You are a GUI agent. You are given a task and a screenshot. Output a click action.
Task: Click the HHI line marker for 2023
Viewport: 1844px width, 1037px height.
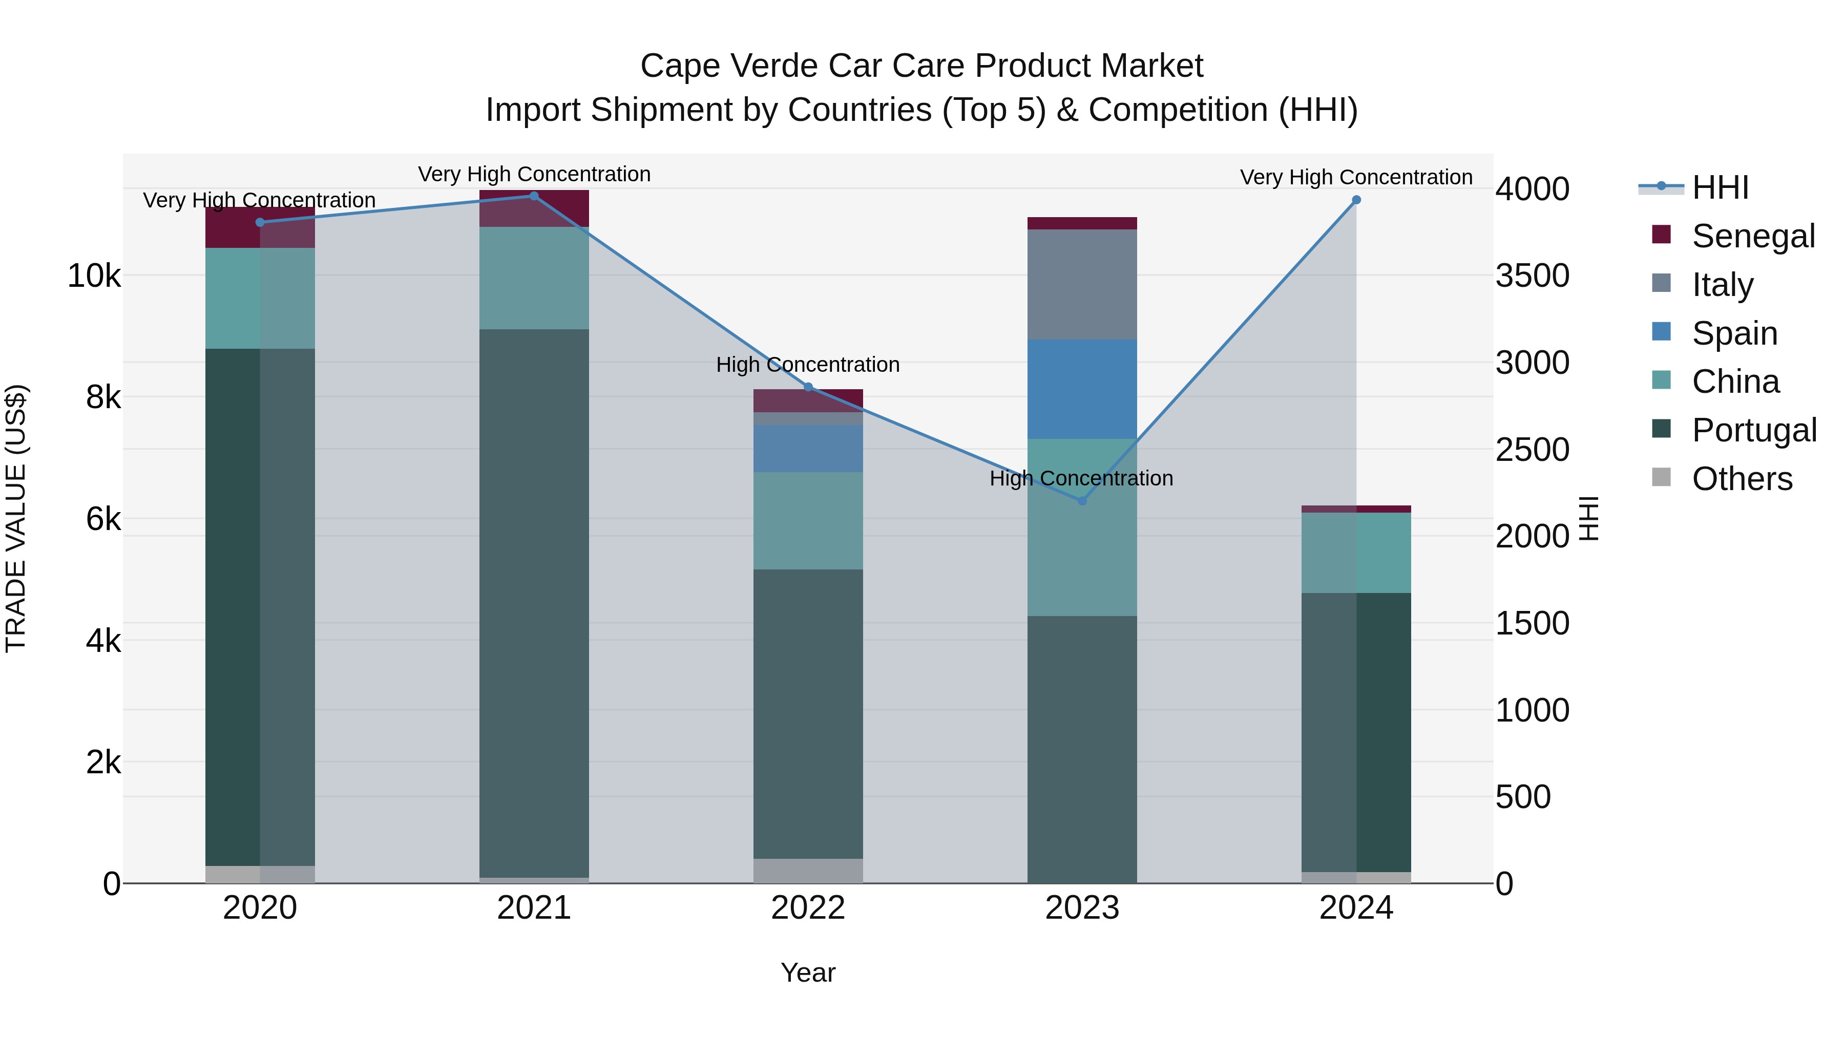pos(1082,501)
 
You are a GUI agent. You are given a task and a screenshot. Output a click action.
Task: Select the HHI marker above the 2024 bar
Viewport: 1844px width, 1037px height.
pos(1356,200)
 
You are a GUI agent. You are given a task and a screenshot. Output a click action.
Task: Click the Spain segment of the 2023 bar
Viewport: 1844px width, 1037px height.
pos(1082,389)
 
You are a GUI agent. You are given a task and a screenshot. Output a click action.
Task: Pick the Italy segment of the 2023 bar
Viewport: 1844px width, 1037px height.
pos(1082,285)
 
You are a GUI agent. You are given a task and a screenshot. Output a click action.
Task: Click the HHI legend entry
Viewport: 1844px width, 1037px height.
pos(1720,187)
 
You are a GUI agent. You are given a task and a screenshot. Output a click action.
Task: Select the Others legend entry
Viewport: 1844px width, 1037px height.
pos(1742,479)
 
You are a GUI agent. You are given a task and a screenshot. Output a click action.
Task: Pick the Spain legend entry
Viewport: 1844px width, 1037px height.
pos(1734,333)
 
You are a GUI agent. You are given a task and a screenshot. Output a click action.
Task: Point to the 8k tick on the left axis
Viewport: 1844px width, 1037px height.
pos(103,397)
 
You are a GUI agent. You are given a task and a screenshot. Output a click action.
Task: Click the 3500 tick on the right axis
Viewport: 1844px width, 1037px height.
pos(1532,276)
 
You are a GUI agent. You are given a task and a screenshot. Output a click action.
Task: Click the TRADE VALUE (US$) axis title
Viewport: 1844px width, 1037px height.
pos(16,518)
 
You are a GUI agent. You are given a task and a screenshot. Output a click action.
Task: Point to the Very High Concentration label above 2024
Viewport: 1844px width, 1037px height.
pos(1356,178)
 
